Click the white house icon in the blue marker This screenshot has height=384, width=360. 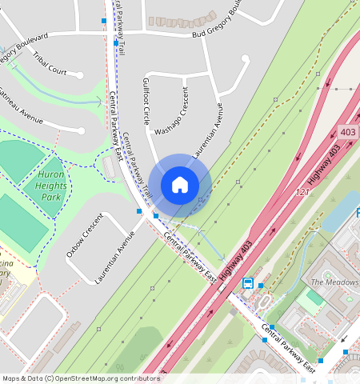click(180, 185)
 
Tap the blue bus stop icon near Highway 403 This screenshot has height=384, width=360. click(248, 283)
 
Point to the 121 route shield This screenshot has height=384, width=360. click(302, 193)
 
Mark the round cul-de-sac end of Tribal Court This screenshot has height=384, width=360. click(80, 75)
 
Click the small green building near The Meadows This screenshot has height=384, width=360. click(314, 298)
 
